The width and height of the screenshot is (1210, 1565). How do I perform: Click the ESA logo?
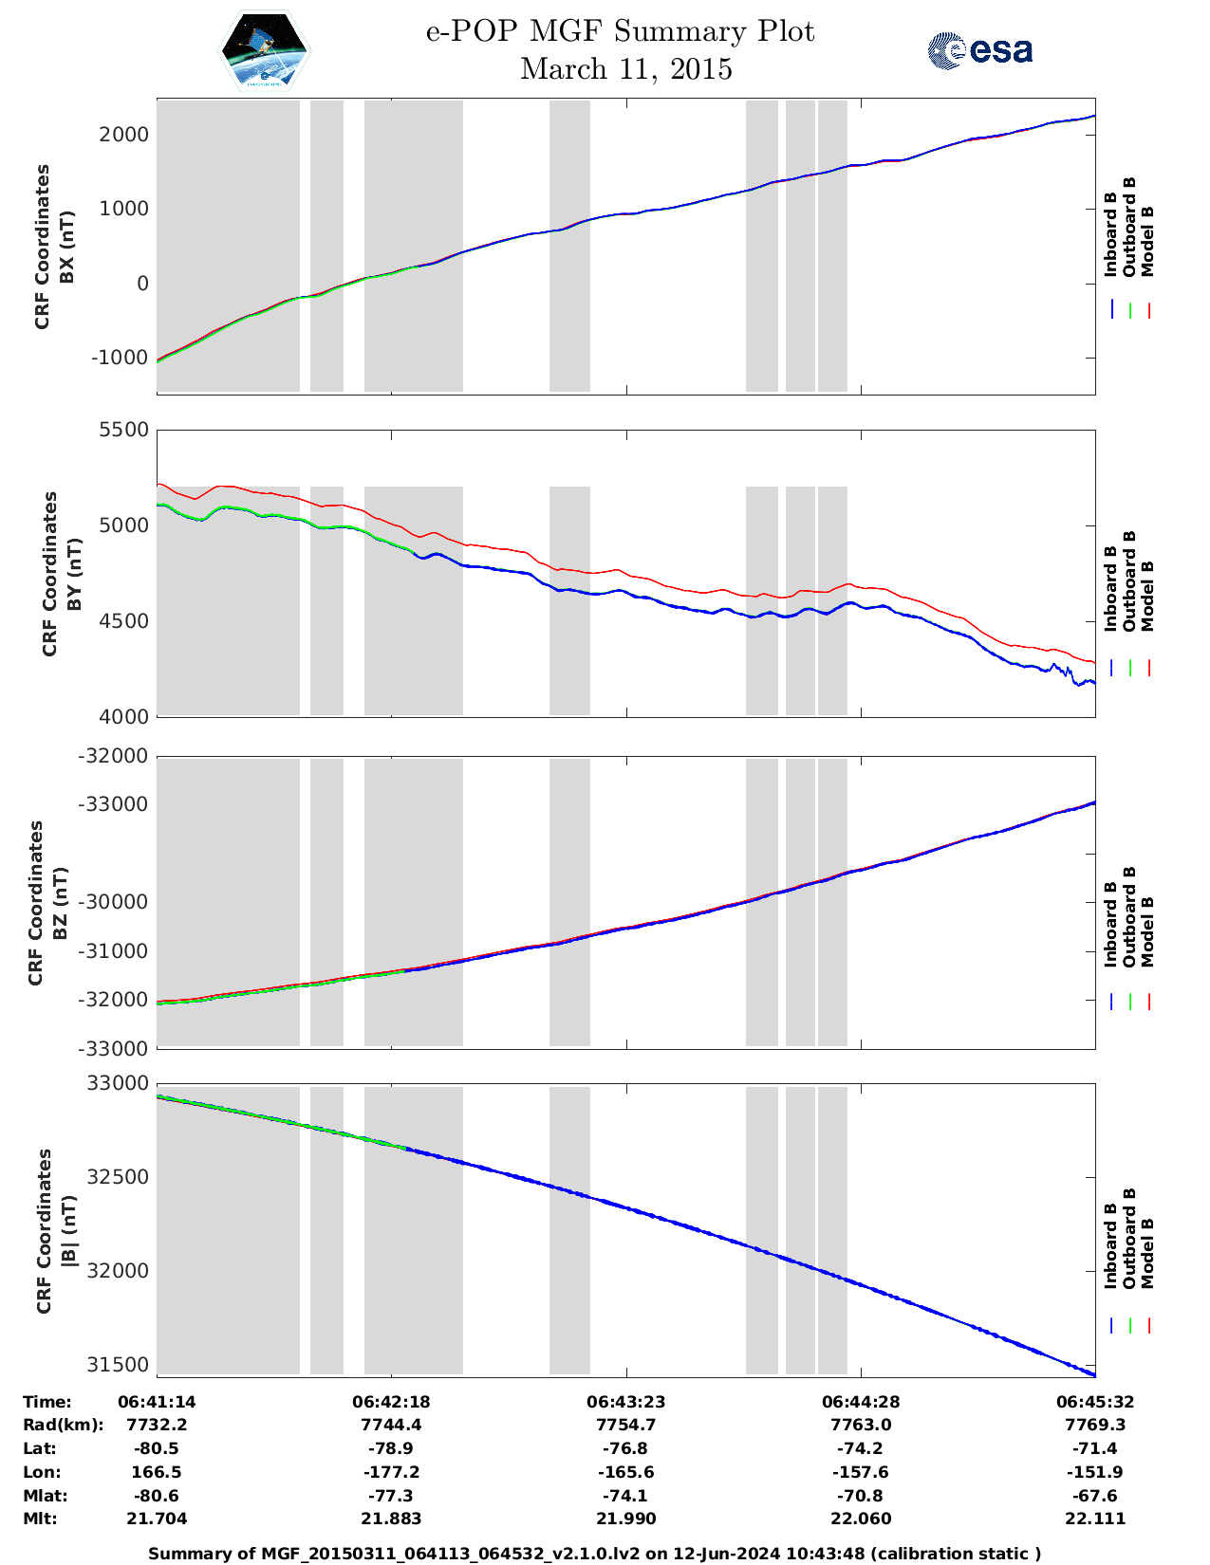coord(979,50)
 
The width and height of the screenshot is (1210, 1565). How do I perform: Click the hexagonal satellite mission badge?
coord(264,50)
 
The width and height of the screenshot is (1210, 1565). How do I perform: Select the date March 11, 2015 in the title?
coord(625,69)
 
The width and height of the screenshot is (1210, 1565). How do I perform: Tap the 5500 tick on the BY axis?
coord(124,430)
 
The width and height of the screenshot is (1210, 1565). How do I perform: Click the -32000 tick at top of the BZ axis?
coord(117,756)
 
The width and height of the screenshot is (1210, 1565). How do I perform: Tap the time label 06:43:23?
coord(625,1402)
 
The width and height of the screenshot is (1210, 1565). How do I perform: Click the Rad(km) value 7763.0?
coord(860,1425)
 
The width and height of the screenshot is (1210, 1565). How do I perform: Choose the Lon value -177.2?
coord(390,1472)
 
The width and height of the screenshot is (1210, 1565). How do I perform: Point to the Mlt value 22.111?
coord(1095,1519)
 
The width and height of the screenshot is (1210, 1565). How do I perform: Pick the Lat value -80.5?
coord(157,1448)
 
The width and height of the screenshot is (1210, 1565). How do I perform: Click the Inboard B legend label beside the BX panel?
coord(1110,235)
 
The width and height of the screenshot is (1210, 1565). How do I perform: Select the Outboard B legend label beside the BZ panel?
coord(1129,917)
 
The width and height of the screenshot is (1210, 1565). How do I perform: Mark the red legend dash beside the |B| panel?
coord(1148,1326)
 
